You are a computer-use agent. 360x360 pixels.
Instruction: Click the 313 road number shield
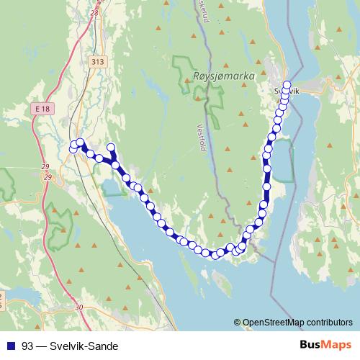[98, 62]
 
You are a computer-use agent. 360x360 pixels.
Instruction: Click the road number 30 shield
[79, 307]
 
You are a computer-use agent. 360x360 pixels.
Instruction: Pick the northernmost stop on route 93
[287, 84]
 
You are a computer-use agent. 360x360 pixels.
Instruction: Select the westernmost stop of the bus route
[73, 148]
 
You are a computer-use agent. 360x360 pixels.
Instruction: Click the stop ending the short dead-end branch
[111, 148]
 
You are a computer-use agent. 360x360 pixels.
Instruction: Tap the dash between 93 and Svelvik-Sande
[41, 346]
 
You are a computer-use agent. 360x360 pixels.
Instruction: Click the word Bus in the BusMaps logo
[308, 345]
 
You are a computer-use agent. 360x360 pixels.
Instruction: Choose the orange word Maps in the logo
[336, 345]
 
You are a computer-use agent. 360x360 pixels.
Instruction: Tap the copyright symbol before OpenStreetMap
[238, 322]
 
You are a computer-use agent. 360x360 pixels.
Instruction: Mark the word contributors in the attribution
[329, 322]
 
